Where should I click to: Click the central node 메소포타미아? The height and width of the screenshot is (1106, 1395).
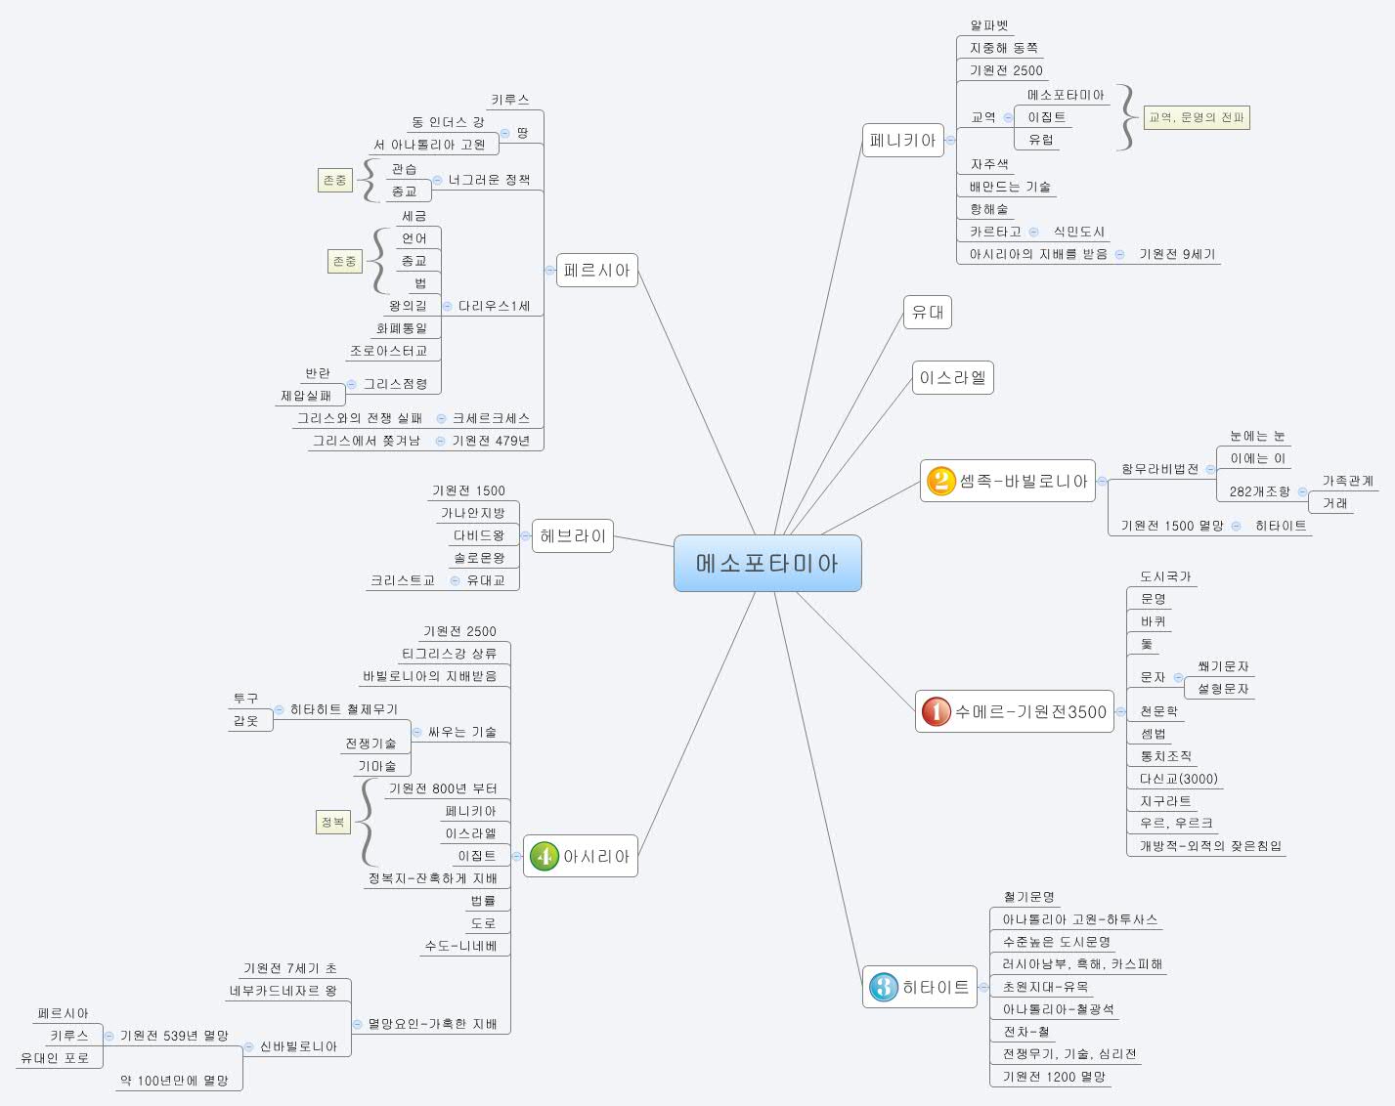click(x=767, y=563)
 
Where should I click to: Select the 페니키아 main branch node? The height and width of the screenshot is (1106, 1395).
click(x=902, y=141)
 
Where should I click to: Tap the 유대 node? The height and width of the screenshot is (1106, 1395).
click(x=927, y=313)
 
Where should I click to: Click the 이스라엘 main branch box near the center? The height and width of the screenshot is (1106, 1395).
click(x=952, y=378)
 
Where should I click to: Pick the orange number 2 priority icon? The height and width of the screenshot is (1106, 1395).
click(x=940, y=481)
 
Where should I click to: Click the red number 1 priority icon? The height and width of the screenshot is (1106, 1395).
click(x=936, y=711)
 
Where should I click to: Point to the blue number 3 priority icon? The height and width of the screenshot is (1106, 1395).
click(x=883, y=987)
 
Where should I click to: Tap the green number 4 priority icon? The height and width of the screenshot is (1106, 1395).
click(x=544, y=856)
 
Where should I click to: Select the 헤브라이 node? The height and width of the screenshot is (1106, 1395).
click(x=573, y=535)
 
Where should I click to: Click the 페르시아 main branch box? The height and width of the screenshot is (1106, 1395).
click(x=597, y=271)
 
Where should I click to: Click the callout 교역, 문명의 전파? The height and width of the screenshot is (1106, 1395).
click(x=1197, y=117)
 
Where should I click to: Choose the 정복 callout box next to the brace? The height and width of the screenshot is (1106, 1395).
click(x=332, y=823)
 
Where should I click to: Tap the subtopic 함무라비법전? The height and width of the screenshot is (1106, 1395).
click(x=1159, y=469)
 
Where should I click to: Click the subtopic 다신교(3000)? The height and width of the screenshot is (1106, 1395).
click(x=1178, y=779)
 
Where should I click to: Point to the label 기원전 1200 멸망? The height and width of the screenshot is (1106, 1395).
click(x=1054, y=1077)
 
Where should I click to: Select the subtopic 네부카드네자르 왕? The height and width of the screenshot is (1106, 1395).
click(x=283, y=991)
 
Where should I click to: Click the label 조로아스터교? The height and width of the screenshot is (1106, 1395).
click(x=388, y=351)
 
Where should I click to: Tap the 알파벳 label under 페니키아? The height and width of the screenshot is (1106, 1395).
click(x=988, y=26)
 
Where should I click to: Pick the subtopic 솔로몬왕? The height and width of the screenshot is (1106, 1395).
click(x=479, y=558)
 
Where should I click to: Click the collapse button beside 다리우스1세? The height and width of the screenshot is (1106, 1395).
click(x=447, y=306)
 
